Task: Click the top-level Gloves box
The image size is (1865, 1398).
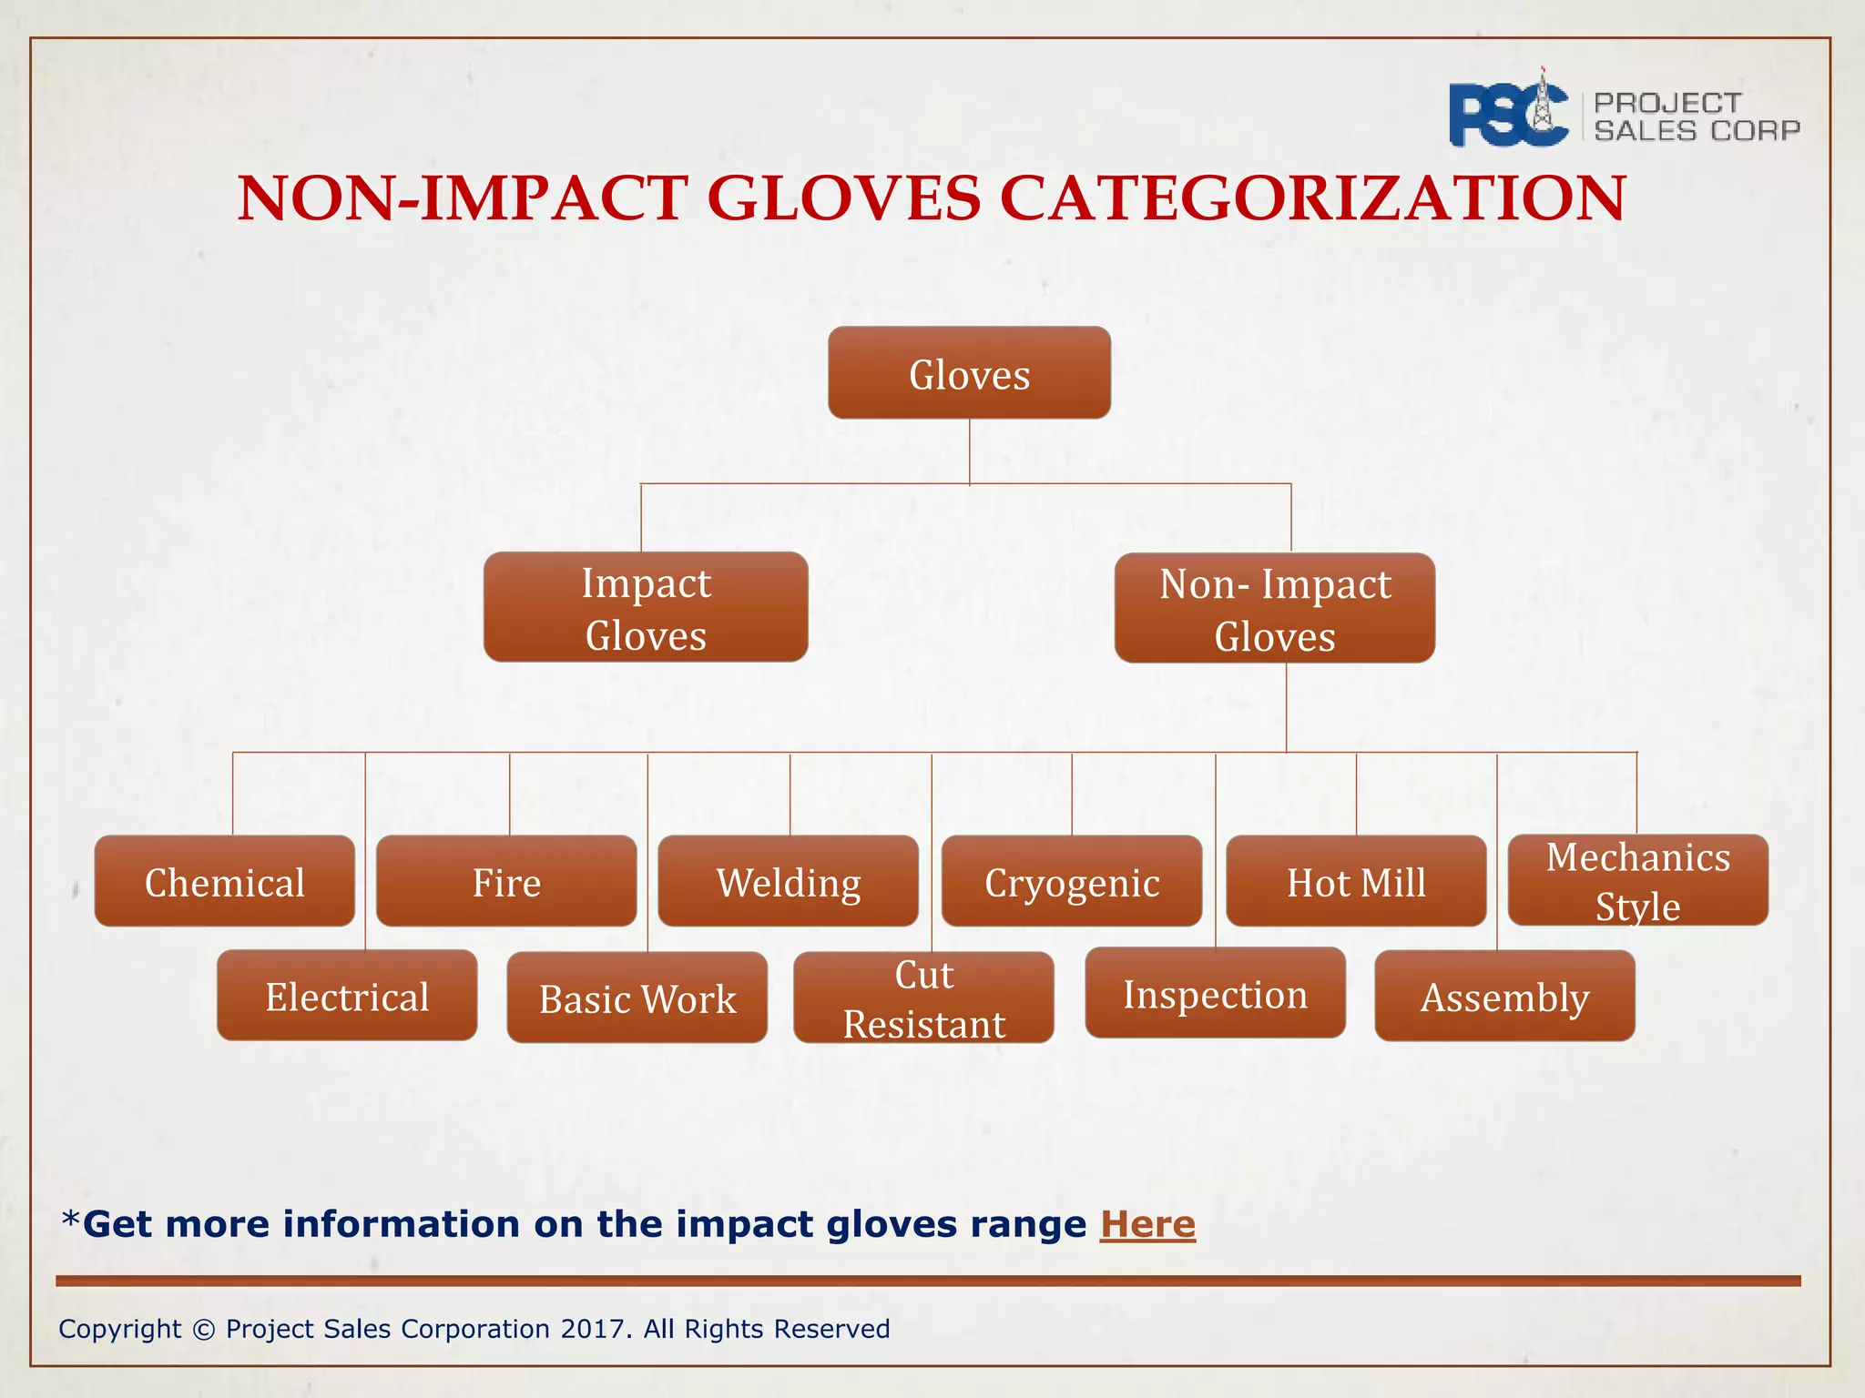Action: pos(969,373)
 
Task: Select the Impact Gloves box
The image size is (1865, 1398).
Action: pos(646,608)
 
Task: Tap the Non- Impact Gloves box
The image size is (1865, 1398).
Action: pos(1274,609)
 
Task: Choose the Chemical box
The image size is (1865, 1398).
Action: pos(224,882)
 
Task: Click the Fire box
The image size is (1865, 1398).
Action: pos(506,882)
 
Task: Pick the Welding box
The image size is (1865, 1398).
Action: pos(788,882)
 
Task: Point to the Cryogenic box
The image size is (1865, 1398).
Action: pos(1072,882)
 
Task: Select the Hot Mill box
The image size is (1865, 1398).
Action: pos(1356,882)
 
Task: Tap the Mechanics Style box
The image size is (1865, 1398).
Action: pos(1637,881)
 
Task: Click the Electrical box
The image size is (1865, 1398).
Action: pos(347,996)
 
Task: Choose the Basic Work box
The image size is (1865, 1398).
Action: pos(637,998)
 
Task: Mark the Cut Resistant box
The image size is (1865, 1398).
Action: pos(923,998)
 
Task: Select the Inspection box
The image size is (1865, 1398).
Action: pos(1215,994)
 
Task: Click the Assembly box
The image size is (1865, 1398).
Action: pos(1504,997)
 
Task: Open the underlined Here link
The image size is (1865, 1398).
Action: pos(1147,1224)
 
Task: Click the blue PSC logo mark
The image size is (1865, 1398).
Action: pos(1508,113)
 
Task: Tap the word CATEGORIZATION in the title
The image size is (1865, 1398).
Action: pos(1312,198)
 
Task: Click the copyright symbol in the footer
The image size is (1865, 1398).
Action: pos(204,1330)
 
